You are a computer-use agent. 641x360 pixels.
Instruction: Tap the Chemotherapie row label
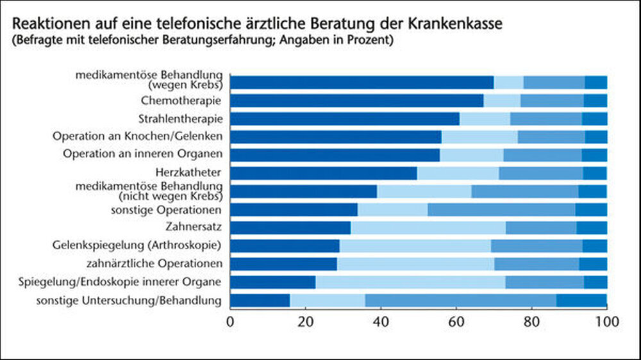coord(181,101)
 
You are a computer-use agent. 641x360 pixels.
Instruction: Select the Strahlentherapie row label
coord(180,119)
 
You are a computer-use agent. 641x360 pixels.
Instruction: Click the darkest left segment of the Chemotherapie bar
coord(356,101)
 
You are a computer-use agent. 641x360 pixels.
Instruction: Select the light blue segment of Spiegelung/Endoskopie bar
coord(410,282)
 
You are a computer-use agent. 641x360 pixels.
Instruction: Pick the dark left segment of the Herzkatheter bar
coord(323,173)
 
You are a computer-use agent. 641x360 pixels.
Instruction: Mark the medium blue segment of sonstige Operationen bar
coord(501,209)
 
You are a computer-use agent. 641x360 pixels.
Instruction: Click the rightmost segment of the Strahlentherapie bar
coord(594,119)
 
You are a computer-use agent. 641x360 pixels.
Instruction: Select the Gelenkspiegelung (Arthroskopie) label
coord(137,245)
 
